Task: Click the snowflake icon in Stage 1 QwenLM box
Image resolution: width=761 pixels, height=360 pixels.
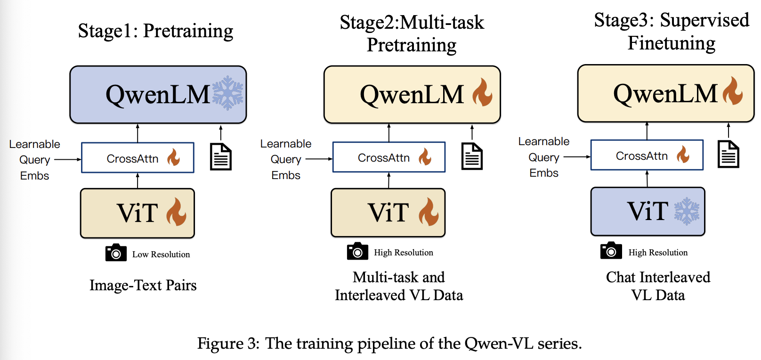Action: [x=228, y=93]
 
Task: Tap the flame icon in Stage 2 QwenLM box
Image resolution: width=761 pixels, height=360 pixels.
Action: [x=482, y=92]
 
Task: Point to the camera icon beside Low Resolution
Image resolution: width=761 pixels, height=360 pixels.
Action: [x=116, y=253]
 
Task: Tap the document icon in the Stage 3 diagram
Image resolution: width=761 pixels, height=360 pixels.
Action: [x=728, y=154]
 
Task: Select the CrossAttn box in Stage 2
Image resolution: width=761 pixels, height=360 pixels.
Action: [x=389, y=157]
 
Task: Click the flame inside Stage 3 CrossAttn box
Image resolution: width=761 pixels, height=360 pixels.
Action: [x=683, y=154]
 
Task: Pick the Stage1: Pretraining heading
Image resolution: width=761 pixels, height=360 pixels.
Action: [x=155, y=31]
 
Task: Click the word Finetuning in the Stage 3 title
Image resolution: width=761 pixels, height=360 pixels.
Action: [x=672, y=43]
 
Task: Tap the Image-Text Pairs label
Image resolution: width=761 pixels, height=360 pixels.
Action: [x=143, y=285]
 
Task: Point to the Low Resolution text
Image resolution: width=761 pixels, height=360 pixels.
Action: [x=161, y=254]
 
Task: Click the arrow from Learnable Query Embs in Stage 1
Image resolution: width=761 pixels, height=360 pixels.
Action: [x=67, y=160]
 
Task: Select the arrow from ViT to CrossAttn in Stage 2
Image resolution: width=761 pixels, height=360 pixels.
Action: [x=389, y=180]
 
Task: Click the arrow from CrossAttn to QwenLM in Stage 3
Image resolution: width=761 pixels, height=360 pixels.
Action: [x=647, y=131]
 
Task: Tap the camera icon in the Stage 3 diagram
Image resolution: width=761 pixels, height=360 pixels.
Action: [x=611, y=251]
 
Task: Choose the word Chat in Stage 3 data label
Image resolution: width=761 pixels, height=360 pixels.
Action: [x=621, y=277]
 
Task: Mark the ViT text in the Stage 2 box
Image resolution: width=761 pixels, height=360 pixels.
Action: [x=388, y=213]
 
